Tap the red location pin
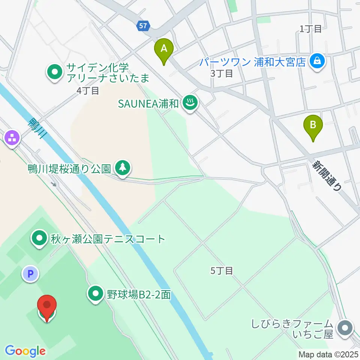click(x=47, y=307)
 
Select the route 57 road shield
click(x=143, y=26)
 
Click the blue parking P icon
click(x=30, y=274)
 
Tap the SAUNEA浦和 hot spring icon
click(x=190, y=103)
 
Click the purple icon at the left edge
click(x=12, y=137)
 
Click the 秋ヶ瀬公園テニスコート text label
click(x=108, y=239)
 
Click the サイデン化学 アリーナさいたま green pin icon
click(x=55, y=72)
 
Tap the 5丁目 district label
click(x=222, y=270)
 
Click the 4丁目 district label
click(x=87, y=90)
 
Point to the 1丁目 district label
click(x=311, y=29)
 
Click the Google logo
click(x=25, y=351)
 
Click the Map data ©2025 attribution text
click(x=329, y=354)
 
